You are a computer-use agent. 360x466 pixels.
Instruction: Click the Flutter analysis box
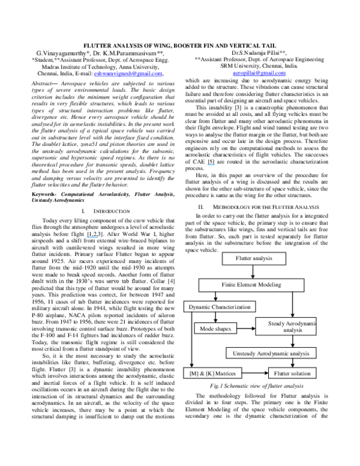[254, 258]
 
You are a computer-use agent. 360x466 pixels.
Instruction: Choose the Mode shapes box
[215, 328]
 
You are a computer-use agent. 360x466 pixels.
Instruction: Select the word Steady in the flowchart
[277, 324]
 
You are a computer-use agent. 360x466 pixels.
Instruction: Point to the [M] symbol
[192, 374]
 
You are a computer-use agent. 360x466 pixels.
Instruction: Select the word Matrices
[226, 374]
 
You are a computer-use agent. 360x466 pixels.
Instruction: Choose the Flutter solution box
[292, 374]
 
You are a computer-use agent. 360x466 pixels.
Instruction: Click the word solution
[300, 374]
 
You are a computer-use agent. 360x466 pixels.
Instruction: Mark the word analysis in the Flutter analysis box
[262, 258]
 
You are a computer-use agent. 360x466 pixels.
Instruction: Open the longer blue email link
[128, 74]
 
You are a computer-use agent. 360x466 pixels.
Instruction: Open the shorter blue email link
[259, 73]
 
